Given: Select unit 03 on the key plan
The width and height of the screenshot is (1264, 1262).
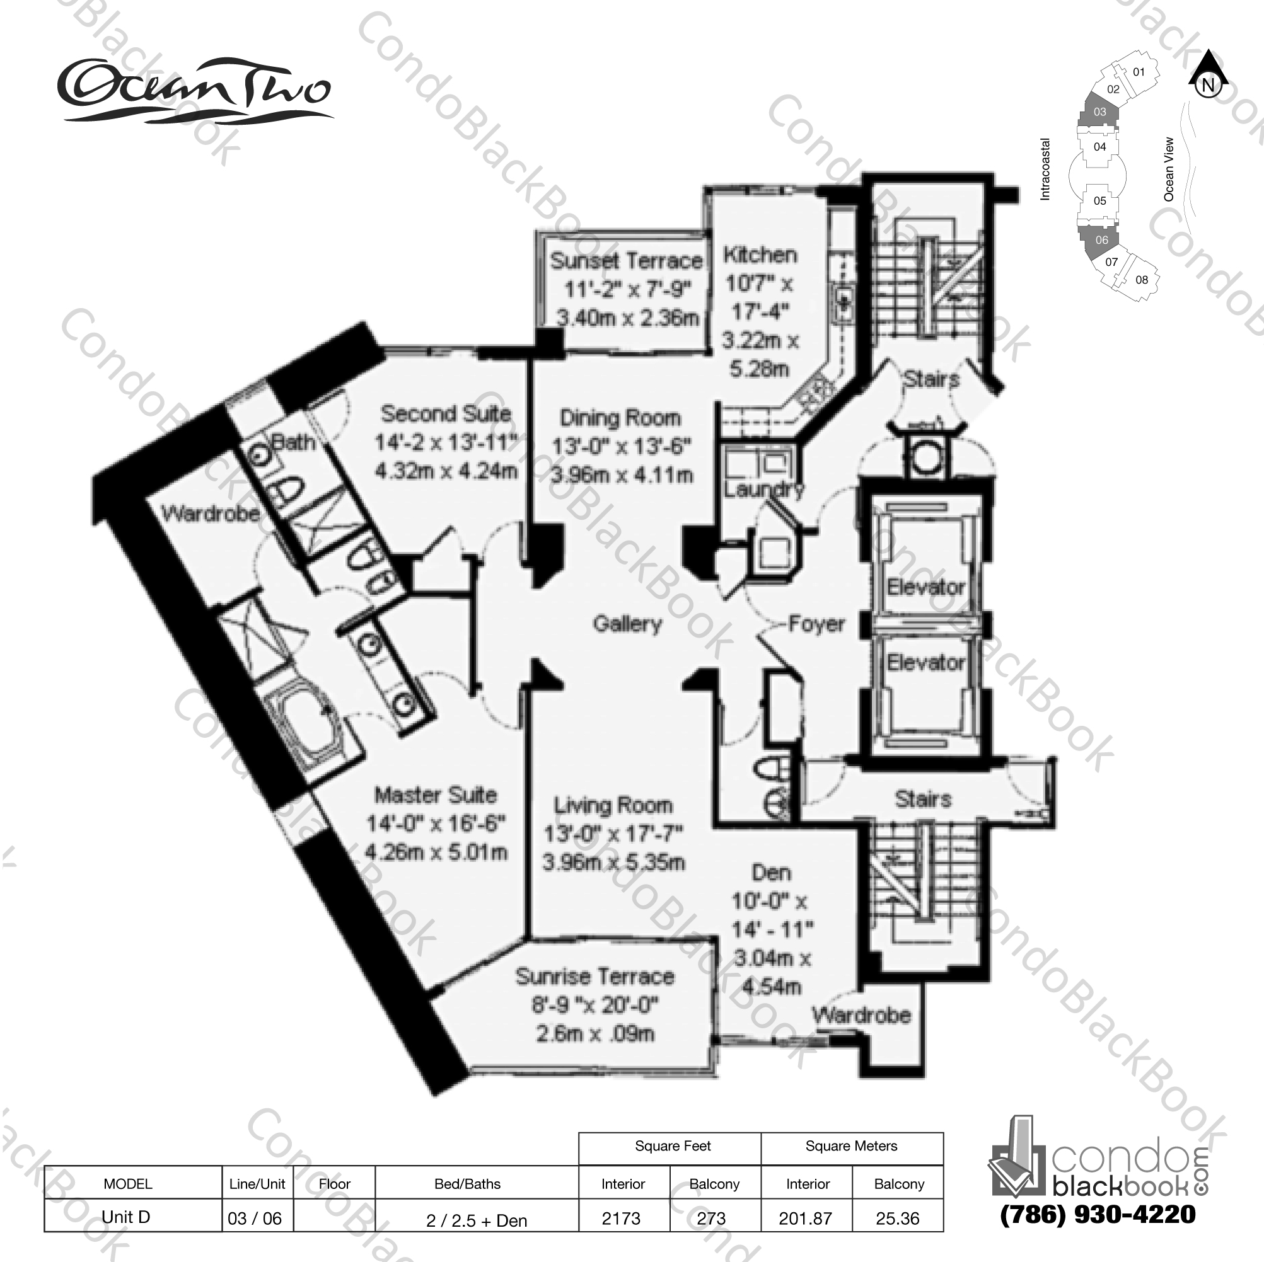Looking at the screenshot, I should click(x=1100, y=112).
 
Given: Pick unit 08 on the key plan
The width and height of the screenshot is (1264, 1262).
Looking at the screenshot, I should click(x=1142, y=280).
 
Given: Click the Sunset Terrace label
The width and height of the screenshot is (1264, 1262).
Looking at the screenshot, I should click(x=626, y=261).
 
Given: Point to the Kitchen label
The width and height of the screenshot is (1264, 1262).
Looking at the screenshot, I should click(x=760, y=255).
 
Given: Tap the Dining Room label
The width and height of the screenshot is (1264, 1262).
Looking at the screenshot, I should click(x=620, y=418).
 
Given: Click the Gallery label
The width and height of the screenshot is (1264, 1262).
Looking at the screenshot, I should click(x=627, y=624).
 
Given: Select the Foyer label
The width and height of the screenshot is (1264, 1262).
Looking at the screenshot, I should click(x=816, y=624).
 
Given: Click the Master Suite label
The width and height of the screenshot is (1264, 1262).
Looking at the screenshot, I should click(x=436, y=795).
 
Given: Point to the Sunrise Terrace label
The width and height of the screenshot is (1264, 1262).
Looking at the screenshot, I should click(x=594, y=976).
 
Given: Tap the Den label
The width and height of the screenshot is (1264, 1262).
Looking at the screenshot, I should click(x=772, y=872).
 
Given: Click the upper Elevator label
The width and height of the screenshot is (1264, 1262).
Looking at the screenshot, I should click(x=925, y=587).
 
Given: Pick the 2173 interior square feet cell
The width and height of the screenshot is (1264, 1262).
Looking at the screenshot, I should click(x=622, y=1218).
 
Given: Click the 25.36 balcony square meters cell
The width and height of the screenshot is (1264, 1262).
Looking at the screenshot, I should click(x=898, y=1218).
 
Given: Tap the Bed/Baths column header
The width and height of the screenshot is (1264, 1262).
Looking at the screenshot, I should click(x=467, y=1183).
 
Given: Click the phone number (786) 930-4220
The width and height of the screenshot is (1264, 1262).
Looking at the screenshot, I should click(x=1098, y=1214).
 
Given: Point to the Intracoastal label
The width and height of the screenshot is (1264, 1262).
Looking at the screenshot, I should click(x=1045, y=169).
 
